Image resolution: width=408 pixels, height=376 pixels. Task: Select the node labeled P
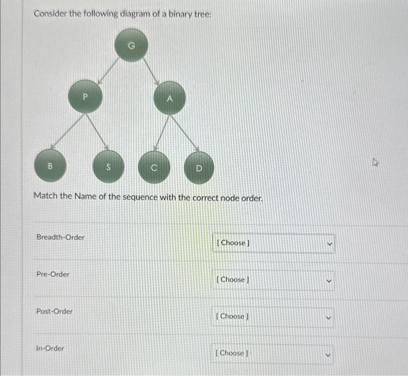coord(86,97)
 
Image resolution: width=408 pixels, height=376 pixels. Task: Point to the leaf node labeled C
coord(154,168)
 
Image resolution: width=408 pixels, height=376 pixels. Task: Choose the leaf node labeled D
coord(198,168)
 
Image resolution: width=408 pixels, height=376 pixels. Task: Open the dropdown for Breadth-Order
coord(273,243)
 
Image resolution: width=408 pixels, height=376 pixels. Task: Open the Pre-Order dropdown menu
coord(273,280)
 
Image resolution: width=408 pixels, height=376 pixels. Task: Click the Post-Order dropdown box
coord(273,317)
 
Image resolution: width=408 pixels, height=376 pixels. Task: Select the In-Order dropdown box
coord(273,353)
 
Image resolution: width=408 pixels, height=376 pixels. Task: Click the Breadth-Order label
coord(60,237)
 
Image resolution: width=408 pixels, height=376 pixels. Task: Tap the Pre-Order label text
coord(52,274)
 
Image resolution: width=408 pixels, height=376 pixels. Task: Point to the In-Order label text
coord(50,348)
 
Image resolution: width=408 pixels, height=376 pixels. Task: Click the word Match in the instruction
coord(45,197)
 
